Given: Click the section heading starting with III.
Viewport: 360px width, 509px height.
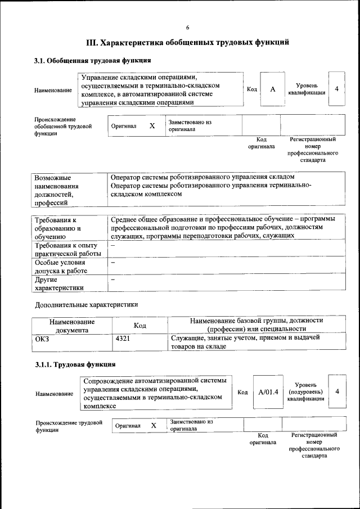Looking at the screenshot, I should click(187, 42).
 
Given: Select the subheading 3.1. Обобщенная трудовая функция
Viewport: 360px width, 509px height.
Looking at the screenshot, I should click(92, 60).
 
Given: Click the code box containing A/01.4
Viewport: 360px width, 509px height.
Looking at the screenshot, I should click(268, 391).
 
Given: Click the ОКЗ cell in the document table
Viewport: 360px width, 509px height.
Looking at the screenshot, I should click(43, 338).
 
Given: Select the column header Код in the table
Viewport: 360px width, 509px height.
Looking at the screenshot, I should click(139, 325).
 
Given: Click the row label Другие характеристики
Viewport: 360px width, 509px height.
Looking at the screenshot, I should click(59, 283).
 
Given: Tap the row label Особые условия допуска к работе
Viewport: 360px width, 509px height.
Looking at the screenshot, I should click(61, 267).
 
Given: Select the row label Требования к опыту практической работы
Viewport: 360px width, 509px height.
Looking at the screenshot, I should click(66, 250).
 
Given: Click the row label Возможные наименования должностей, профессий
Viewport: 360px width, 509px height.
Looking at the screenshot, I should click(56, 190).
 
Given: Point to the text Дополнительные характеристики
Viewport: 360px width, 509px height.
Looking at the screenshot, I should click(86, 304).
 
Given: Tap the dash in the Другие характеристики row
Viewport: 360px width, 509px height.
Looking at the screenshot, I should click(113, 280).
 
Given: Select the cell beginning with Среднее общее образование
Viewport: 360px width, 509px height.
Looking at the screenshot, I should click(223, 227).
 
